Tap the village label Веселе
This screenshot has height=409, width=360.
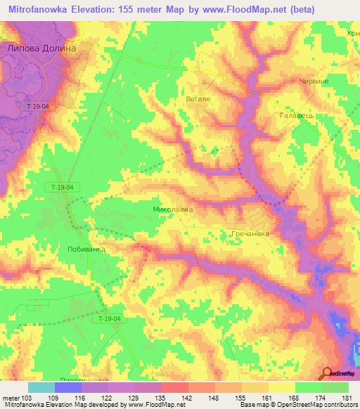[x=198, y=99]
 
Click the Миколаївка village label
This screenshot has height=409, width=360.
[x=172, y=209]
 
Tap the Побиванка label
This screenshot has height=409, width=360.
[x=86, y=249]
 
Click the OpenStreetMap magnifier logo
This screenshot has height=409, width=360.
[x=326, y=375]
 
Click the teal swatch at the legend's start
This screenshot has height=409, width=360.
[x=41, y=387]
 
